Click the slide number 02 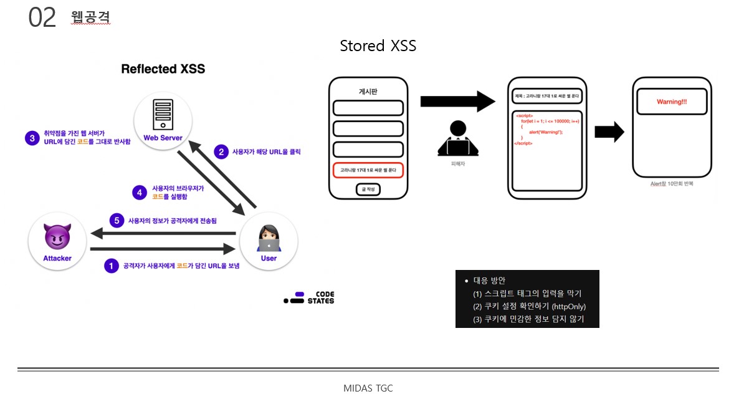42,18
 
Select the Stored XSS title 378,46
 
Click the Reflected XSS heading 163,69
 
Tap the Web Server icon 162,115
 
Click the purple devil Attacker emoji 57,236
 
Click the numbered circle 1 111,266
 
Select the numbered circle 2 221,151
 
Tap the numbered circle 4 141,191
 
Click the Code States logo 309,297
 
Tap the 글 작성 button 368,189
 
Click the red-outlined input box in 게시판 368,170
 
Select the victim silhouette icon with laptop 459,139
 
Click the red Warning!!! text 672,102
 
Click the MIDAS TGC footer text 368,388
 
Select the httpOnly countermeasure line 529,307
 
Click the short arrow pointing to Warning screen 609,132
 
